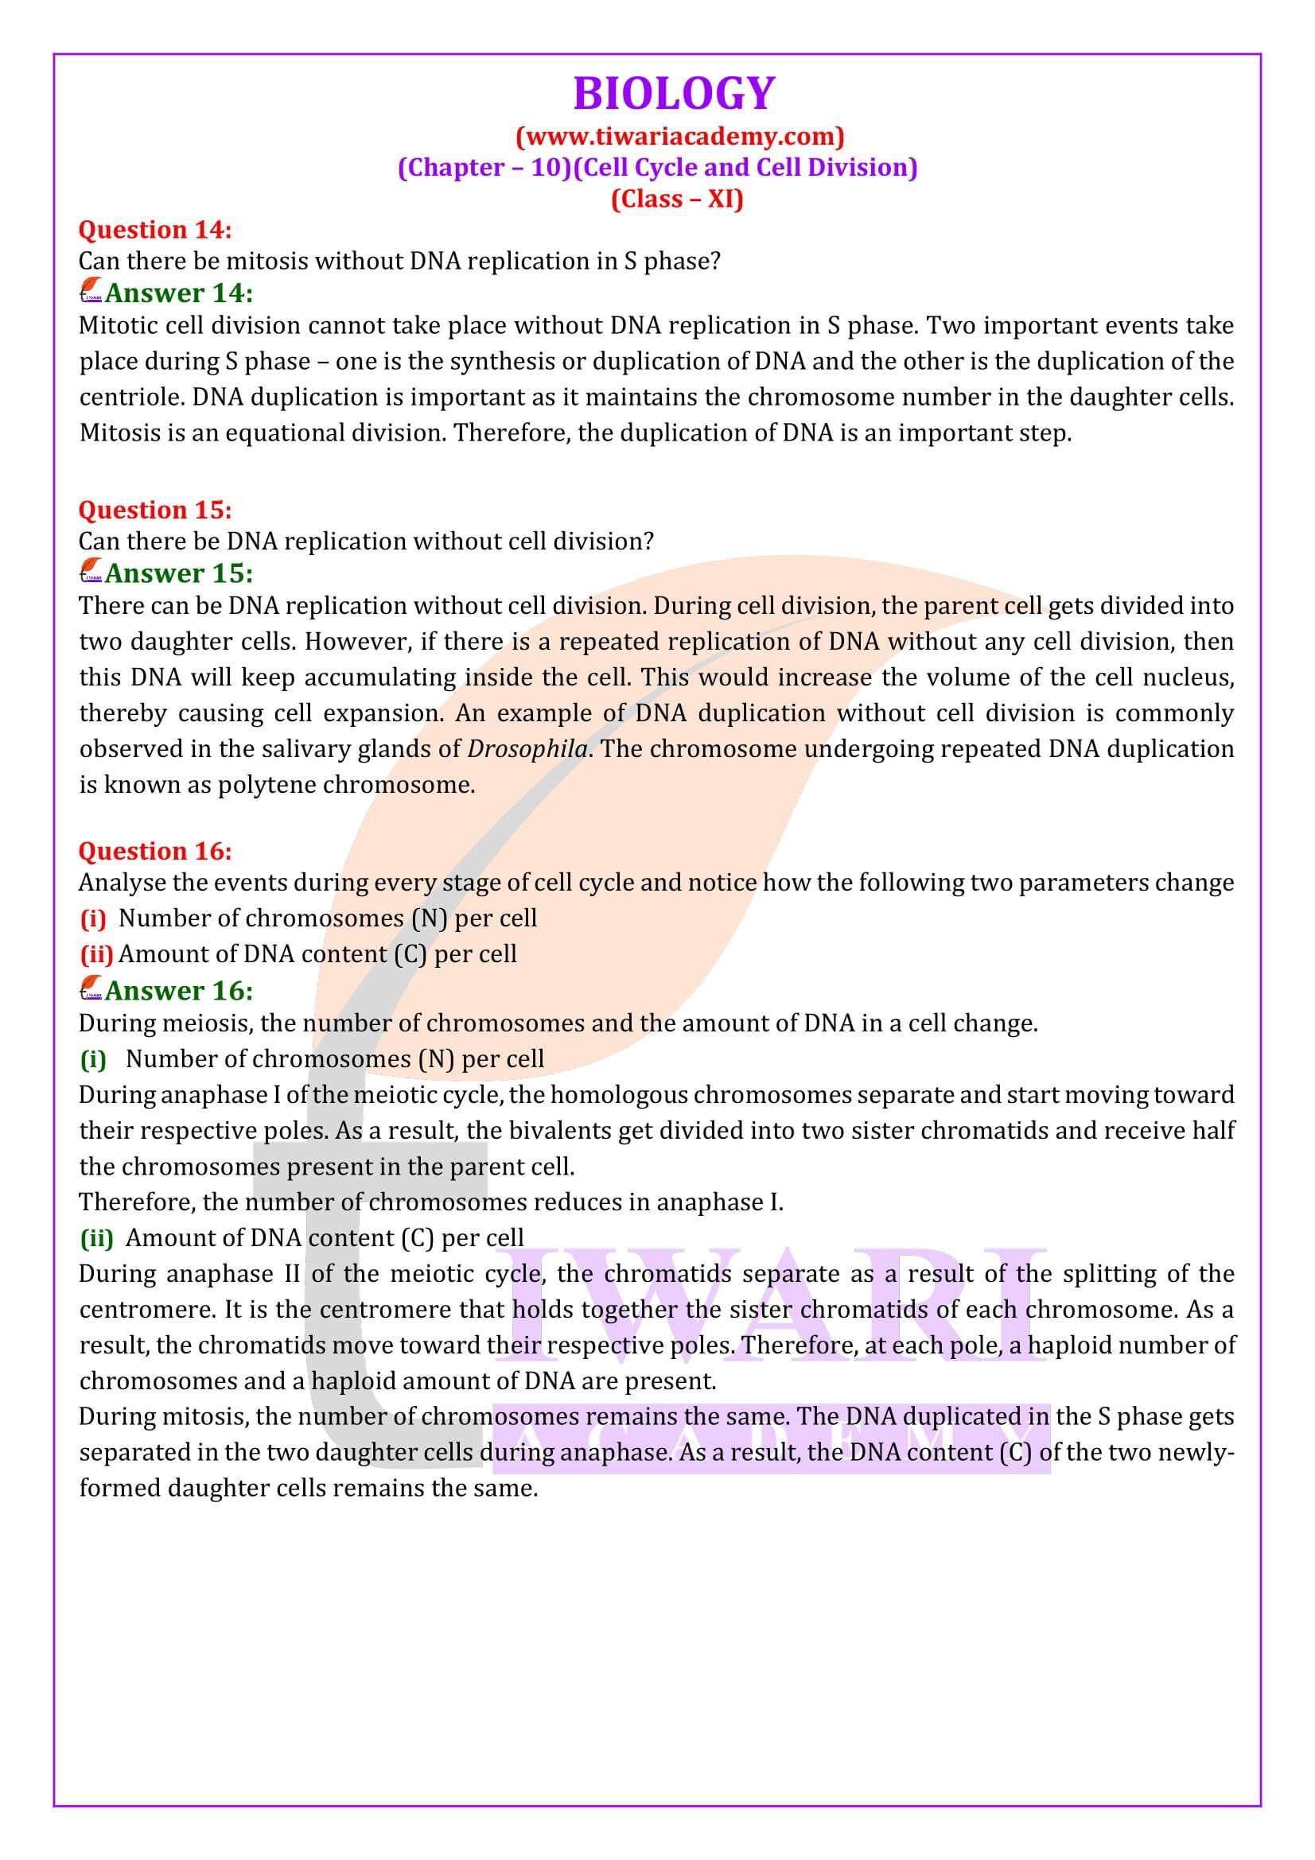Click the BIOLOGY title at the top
point(673,93)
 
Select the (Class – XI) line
point(676,199)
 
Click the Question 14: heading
point(155,230)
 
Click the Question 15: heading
point(155,510)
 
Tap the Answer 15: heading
point(178,573)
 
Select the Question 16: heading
point(155,851)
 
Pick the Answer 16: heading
point(178,990)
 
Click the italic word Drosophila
point(527,748)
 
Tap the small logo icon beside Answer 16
point(91,989)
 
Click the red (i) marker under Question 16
point(93,918)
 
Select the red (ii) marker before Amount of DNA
point(96,954)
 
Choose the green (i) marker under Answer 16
point(93,1059)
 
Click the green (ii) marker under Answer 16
point(96,1238)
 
